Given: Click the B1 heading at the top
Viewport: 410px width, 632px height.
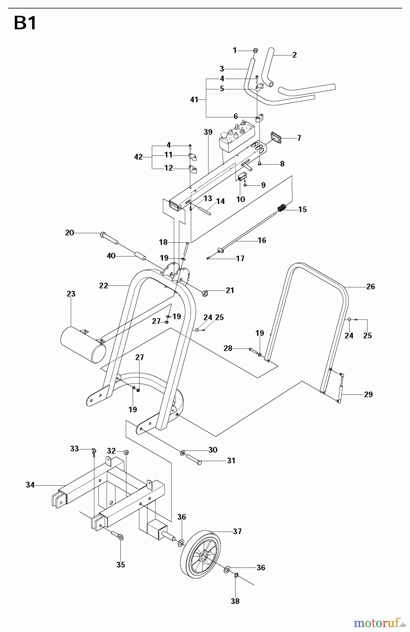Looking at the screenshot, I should pyautogui.click(x=25, y=24).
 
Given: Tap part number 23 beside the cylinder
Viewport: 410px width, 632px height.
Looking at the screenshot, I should pyautogui.click(x=71, y=294).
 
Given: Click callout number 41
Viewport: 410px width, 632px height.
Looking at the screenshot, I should pyautogui.click(x=194, y=100).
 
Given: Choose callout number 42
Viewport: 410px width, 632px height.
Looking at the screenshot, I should pyautogui.click(x=139, y=157).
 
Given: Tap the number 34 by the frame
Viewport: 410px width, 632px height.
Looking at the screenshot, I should pyautogui.click(x=30, y=485).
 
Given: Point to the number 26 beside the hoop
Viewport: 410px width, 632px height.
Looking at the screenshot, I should pyautogui.click(x=370, y=287).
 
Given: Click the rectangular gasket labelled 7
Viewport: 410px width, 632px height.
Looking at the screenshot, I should pyautogui.click(x=276, y=138).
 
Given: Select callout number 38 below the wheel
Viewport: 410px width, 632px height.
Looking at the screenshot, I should pyautogui.click(x=235, y=601).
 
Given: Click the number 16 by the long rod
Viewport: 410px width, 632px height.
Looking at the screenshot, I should pyautogui.click(x=262, y=240).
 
